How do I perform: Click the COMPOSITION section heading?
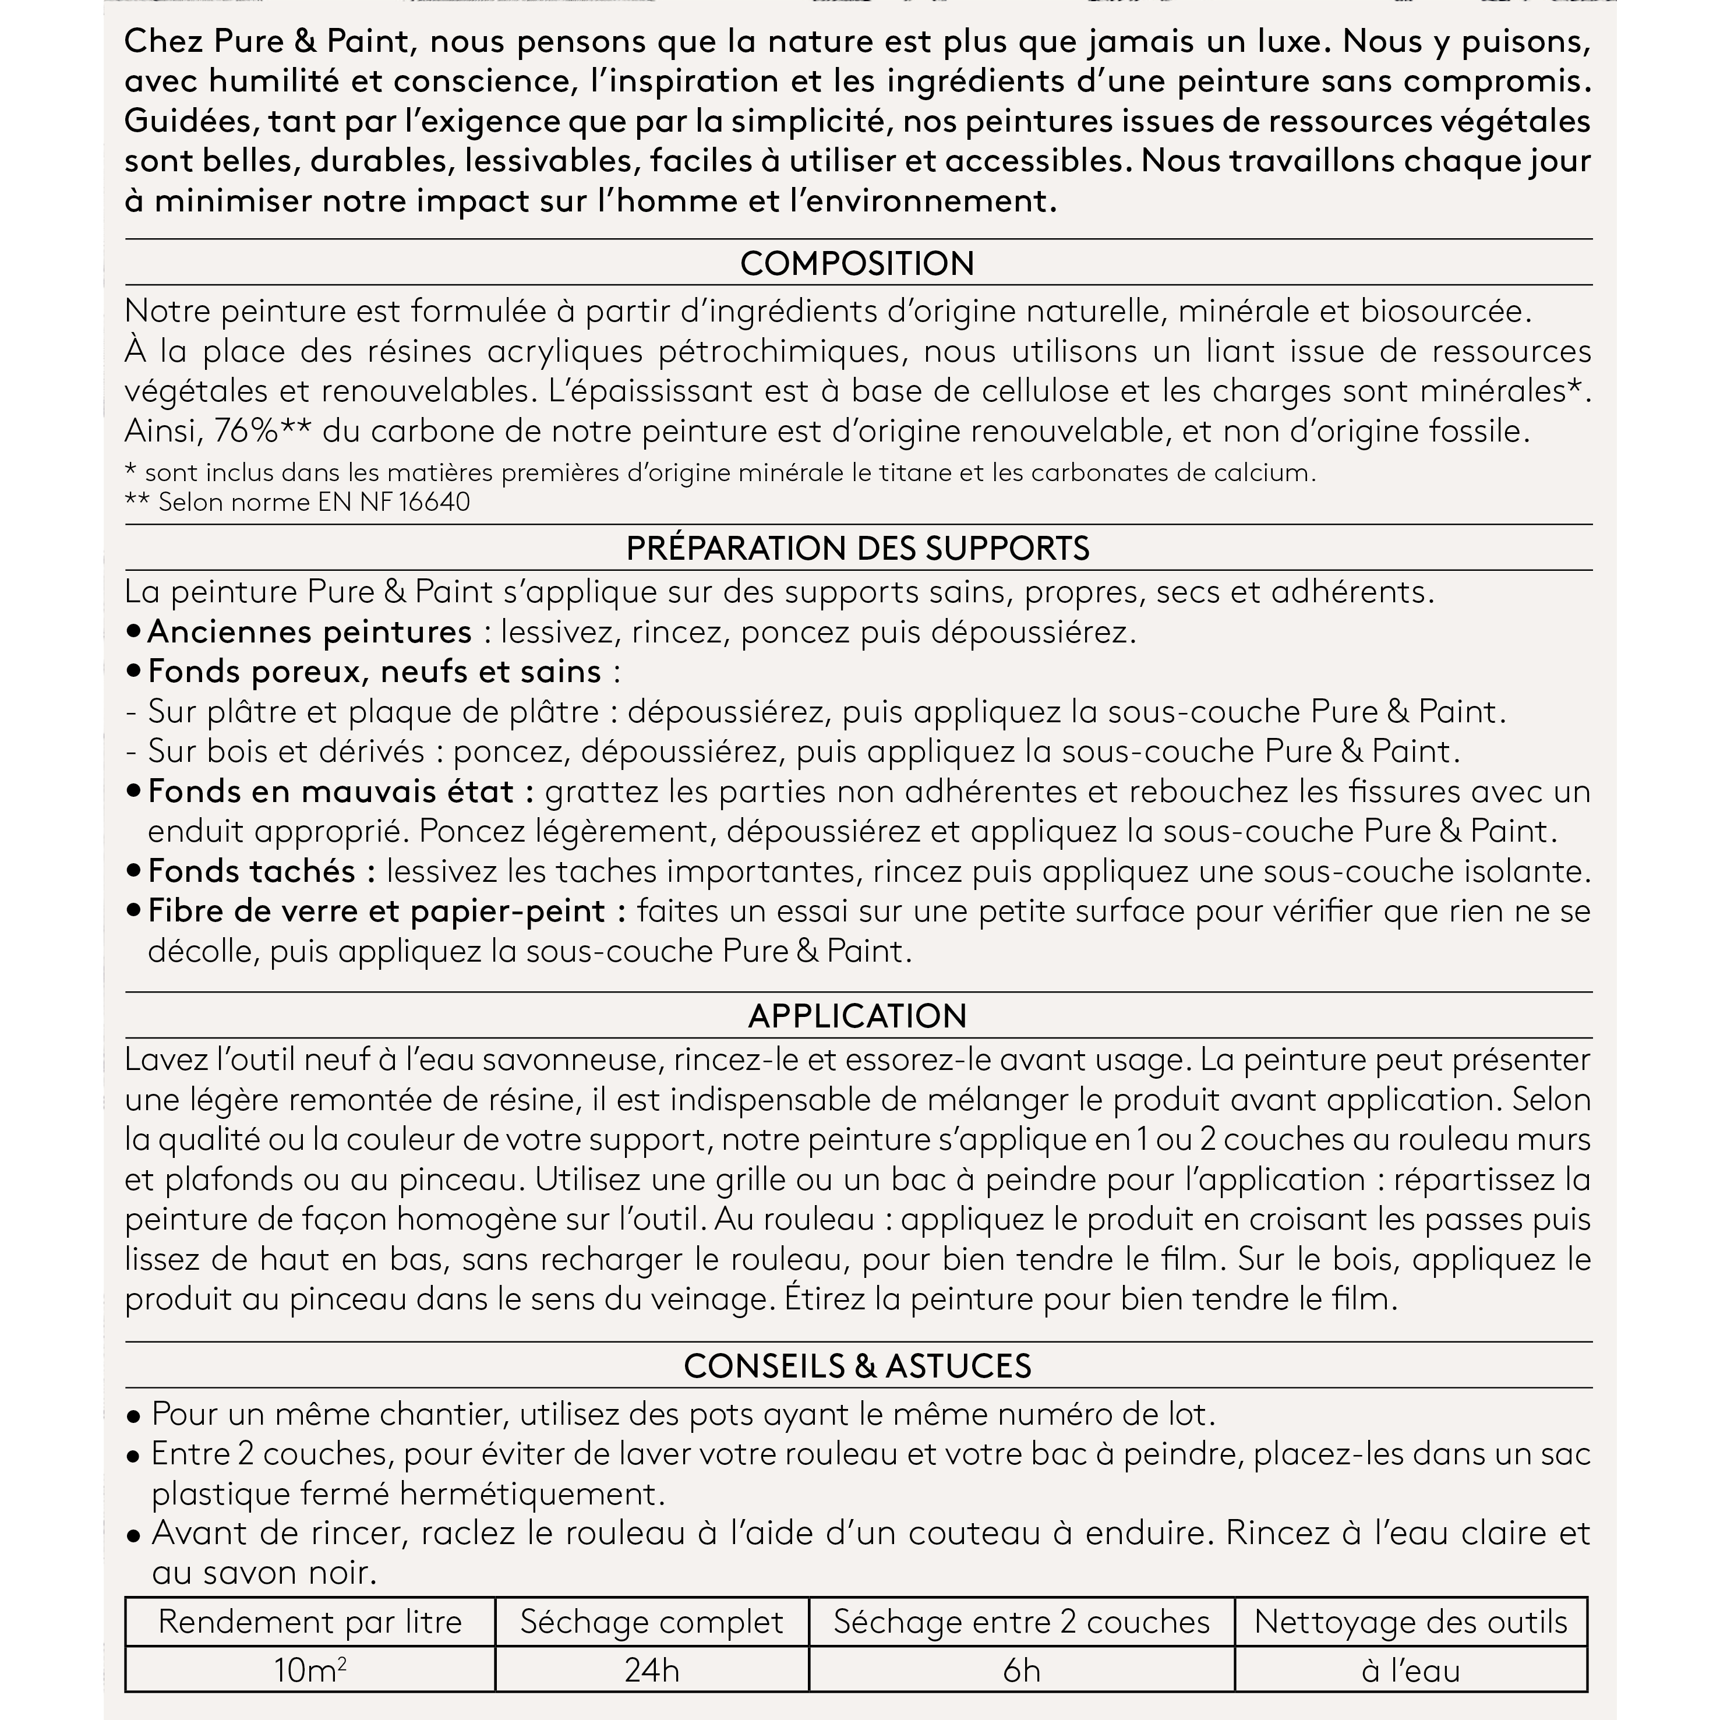tap(857, 263)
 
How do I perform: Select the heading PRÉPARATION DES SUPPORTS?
tap(857, 549)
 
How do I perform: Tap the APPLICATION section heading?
tap(857, 1016)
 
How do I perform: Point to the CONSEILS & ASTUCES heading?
tap(857, 1366)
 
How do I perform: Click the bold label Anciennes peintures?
tap(309, 632)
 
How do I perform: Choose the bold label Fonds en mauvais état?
tap(341, 792)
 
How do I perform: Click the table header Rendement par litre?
tap(310, 1622)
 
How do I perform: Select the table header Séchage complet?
tap(652, 1622)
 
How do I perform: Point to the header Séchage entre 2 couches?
tap(1021, 1622)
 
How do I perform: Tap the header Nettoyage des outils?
tap(1410, 1622)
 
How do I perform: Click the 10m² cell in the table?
tap(310, 1670)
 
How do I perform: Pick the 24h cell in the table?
tap(652, 1670)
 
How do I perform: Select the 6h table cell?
tap(1021, 1670)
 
